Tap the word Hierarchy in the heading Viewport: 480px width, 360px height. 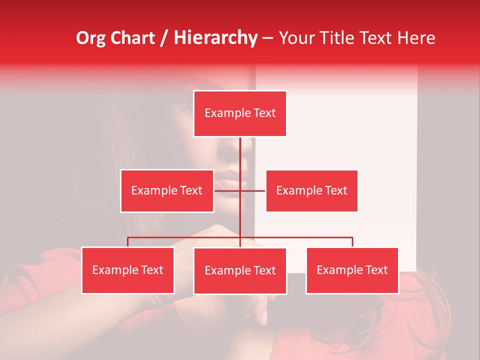215,38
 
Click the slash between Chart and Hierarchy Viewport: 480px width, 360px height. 164,38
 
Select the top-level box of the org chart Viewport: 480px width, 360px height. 240,113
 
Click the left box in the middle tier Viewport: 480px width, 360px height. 167,191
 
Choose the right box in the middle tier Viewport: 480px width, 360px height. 311,191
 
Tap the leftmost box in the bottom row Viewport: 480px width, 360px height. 127,270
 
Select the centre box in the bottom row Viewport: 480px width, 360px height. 240,271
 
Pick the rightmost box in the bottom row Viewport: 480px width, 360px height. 352,270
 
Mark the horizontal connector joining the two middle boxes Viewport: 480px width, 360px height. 252,191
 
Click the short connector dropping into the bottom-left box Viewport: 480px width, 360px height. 127,242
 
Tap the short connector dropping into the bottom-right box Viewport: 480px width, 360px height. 352,242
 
